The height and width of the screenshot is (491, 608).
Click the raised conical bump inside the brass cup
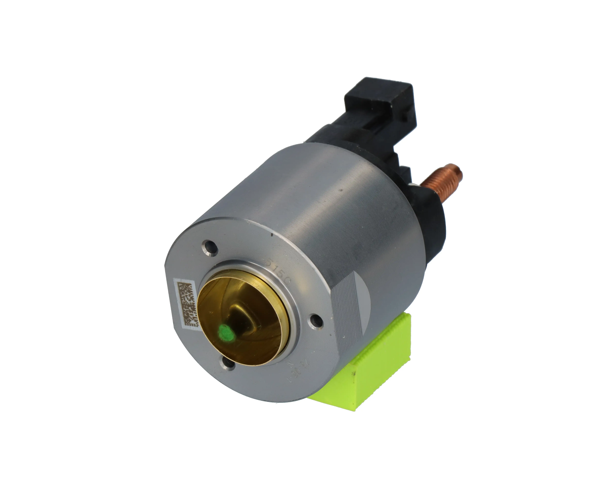coord(240,317)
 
